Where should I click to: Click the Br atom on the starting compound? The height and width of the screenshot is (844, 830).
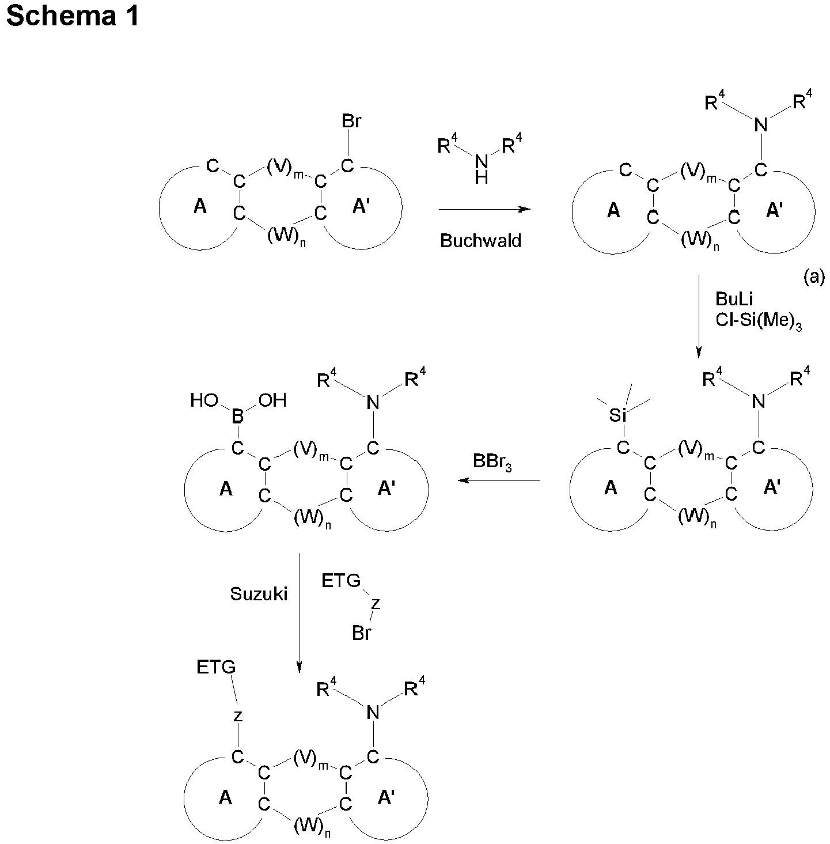coord(351,122)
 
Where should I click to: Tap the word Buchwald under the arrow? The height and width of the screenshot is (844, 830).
coord(480,241)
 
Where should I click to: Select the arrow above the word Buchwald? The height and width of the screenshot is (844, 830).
coord(484,210)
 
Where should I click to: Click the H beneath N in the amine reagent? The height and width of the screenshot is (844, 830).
coord(482,178)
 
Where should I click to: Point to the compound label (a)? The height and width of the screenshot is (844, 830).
coord(814,278)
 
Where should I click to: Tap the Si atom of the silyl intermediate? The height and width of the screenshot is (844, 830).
coord(617,416)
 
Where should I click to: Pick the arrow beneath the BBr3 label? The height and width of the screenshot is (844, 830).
coord(499,480)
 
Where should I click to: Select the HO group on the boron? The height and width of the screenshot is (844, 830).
coord(204,401)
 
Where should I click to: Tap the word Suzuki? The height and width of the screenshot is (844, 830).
coord(259,595)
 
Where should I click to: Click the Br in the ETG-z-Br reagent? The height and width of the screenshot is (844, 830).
coord(362,634)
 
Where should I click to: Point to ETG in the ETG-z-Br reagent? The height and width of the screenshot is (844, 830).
coord(341,581)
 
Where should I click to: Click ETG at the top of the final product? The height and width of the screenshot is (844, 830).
coord(216,667)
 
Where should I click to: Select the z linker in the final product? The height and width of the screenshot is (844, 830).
coord(237,717)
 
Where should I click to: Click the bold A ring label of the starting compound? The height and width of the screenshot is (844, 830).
coord(200,207)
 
